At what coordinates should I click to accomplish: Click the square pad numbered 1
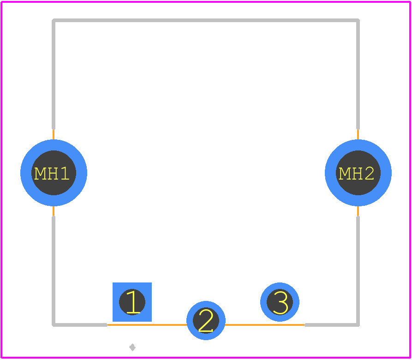pyautogui.click(x=132, y=302)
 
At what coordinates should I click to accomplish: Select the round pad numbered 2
pyautogui.click(x=206, y=320)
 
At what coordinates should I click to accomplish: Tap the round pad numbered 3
pyautogui.click(x=280, y=302)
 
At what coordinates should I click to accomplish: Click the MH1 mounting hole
pyautogui.click(x=54, y=173)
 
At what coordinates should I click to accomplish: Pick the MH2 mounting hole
pyautogui.click(x=358, y=173)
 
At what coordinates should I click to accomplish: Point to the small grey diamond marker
pyautogui.click(x=132, y=347)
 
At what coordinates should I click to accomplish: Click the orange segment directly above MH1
pyautogui.click(x=54, y=134)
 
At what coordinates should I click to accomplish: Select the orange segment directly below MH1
pyautogui.click(x=54, y=211)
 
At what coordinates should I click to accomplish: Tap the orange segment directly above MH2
pyautogui.click(x=358, y=134)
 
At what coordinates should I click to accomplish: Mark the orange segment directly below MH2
pyautogui.click(x=358, y=211)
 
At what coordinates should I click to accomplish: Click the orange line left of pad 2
pyautogui.click(x=147, y=325)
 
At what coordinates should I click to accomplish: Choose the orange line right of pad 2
pyautogui.click(x=265, y=325)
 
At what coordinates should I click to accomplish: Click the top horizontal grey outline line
pyautogui.click(x=206, y=20)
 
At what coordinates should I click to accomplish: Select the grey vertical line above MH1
pyautogui.click(x=54, y=74)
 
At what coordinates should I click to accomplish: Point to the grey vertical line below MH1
pyautogui.click(x=54, y=271)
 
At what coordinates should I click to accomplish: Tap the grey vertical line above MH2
pyautogui.click(x=358, y=74)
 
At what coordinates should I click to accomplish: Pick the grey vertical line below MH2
pyautogui.click(x=358, y=271)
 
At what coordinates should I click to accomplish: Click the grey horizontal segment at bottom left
pyautogui.click(x=80, y=325)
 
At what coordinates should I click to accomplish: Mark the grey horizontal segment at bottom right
pyautogui.click(x=332, y=325)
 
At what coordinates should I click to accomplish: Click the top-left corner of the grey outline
pyautogui.click(x=54, y=20)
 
